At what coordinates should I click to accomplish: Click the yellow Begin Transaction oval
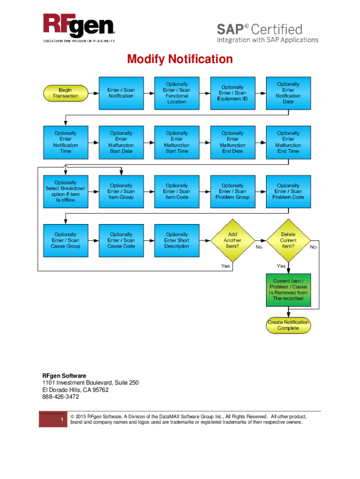coord(65,93)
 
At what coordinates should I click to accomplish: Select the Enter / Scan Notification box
coord(121,93)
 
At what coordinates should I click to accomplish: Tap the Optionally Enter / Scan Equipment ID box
coord(232,93)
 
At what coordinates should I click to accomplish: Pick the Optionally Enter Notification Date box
coord(288,93)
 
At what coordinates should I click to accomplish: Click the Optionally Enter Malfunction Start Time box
coord(177,142)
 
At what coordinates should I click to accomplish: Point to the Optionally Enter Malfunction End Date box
coord(232,142)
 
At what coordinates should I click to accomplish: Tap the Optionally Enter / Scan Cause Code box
coord(121,240)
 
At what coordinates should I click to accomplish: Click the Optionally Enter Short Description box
coord(177,240)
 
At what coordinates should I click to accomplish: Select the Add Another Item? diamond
coord(232,240)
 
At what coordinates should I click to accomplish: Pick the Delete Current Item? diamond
coord(288,240)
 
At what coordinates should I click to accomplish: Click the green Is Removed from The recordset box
coord(288,290)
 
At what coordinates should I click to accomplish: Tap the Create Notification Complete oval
coord(288,325)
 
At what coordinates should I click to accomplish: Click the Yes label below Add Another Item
coord(225,266)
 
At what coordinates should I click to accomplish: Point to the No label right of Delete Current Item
coord(313,247)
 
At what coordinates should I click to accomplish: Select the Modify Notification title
coord(180,59)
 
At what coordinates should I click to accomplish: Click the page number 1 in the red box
coord(62,420)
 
